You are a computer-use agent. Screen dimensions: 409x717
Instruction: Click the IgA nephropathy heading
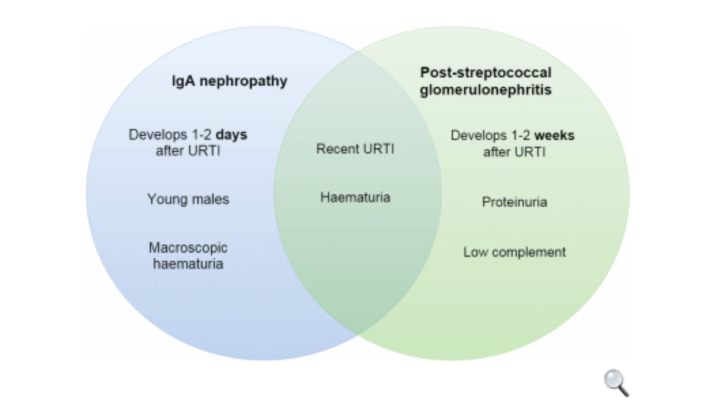coord(229,82)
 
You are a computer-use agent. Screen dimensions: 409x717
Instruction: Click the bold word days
coord(231,135)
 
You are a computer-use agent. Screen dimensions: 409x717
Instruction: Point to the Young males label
coord(188,199)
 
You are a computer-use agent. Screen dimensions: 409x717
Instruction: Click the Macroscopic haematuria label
coord(188,255)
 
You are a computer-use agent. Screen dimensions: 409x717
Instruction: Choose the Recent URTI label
coord(355,149)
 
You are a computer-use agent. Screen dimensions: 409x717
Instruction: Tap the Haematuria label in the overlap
coord(355,198)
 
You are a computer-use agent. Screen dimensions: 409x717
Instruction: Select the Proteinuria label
coord(514,202)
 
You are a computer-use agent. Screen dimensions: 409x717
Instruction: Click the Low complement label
coord(514,252)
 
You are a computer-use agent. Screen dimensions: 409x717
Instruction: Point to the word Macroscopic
coord(188,248)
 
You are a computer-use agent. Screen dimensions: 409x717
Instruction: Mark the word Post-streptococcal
coord(485,73)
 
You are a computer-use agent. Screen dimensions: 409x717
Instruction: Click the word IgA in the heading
coord(182,82)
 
